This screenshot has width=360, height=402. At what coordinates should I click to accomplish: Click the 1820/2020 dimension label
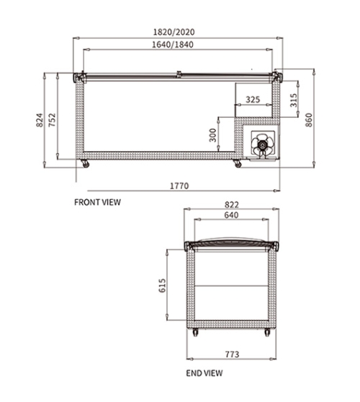[174, 32]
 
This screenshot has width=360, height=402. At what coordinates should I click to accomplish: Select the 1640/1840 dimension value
[173, 45]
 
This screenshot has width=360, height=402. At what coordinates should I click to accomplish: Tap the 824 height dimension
[40, 120]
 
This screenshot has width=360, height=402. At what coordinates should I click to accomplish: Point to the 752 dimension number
[52, 120]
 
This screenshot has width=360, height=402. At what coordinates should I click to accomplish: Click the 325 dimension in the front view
[253, 99]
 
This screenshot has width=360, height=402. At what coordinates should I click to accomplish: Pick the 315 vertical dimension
[294, 100]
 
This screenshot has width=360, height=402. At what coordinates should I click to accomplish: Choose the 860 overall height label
[309, 120]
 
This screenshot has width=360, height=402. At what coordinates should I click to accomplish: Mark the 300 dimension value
[212, 135]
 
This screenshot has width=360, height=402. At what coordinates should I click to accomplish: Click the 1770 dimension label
[179, 186]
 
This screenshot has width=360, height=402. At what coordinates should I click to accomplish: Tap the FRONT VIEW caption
[97, 202]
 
